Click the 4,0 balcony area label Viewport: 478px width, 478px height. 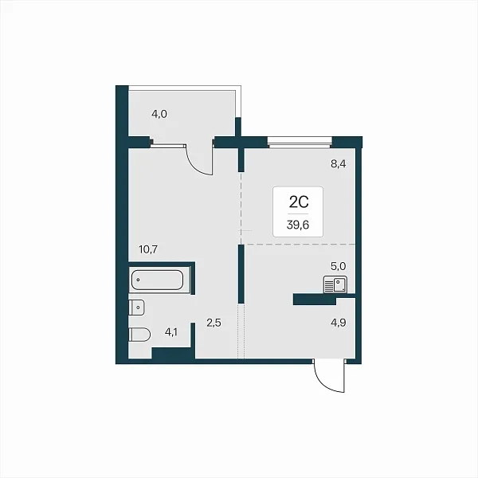coord(159,114)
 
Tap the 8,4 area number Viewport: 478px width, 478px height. coord(339,164)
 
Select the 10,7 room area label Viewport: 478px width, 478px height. coord(148,249)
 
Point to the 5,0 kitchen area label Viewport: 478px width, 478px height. coord(339,266)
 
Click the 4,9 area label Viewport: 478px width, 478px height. coord(339,323)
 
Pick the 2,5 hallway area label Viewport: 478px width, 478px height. coord(214,323)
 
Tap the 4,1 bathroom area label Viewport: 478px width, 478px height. coord(171,332)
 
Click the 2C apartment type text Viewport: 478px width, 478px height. coord(299,202)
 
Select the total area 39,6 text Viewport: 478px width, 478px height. coord(298,225)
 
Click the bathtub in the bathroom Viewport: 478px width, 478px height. coord(157,280)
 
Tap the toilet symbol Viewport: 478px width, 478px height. coord(139,335)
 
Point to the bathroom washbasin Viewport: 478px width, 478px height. coord(136,308)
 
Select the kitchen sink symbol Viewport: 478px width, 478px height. coord(335,284)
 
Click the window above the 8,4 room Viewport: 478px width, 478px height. coord(300,143)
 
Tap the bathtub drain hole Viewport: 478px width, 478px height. coord(139,280)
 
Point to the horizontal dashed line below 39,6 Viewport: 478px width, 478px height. coord(300,245)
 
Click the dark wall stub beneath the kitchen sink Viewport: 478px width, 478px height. coord(315,299)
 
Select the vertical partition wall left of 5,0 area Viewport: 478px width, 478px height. coord(241,274)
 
